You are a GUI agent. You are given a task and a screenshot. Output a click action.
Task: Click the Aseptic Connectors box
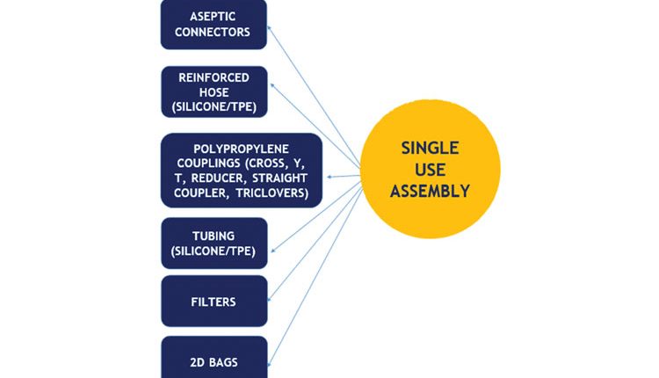click(x=214, y=24)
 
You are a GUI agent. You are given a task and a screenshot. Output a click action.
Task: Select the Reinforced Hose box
click(x=214, y=92)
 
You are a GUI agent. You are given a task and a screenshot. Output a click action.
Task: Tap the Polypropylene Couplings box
click(x=242, y=170)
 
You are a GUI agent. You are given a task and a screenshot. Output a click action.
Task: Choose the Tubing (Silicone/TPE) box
click(x=214, y=244)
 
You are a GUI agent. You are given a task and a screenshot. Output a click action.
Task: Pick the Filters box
click(x=214, y=301)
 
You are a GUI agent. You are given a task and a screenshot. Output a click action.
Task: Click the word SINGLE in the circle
click(x=431, y=147)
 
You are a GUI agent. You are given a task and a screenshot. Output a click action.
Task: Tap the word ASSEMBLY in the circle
click(x=431, y=190)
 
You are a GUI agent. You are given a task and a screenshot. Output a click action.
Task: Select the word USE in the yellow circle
click(x=431, y=169)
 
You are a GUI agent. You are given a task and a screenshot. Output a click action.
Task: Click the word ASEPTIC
click(x=214, y=16)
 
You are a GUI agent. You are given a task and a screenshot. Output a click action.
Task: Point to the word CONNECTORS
click(x=214, y=33)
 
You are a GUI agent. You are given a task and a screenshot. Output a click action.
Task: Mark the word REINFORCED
click(x=214, y=77)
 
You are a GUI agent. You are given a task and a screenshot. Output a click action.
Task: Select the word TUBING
click(x=214, y=236)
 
